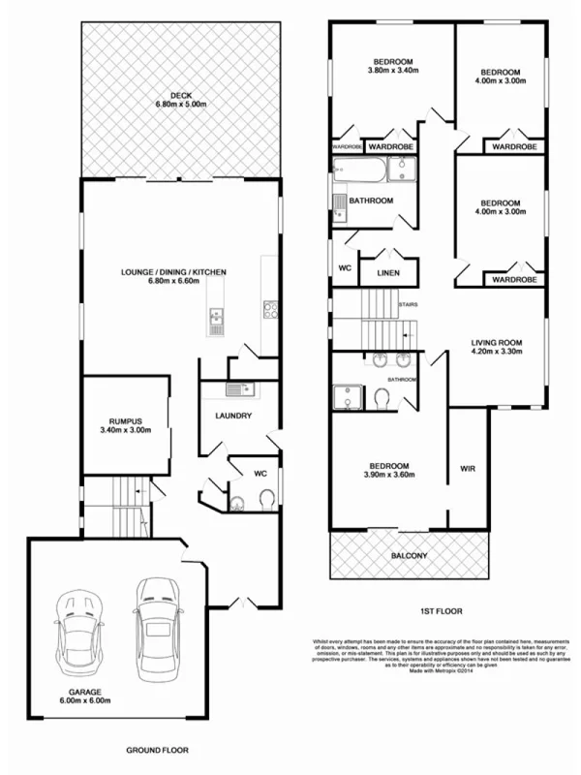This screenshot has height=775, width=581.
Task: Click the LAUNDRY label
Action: click(x=233, y=417)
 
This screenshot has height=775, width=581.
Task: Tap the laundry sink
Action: click(x=233, y=389)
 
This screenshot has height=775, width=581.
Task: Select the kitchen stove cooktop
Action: click(x=271, y=311)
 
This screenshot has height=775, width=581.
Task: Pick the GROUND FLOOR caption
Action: click(x=159, y=750)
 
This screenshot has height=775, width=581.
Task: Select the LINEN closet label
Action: click(x=388, y=273)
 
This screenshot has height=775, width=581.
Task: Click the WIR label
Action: click(x=467, y=470)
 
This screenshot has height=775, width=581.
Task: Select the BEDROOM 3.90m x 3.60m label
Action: click(x=387, y=470)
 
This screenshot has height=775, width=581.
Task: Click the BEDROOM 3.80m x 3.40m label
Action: click(x=391, y=64)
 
